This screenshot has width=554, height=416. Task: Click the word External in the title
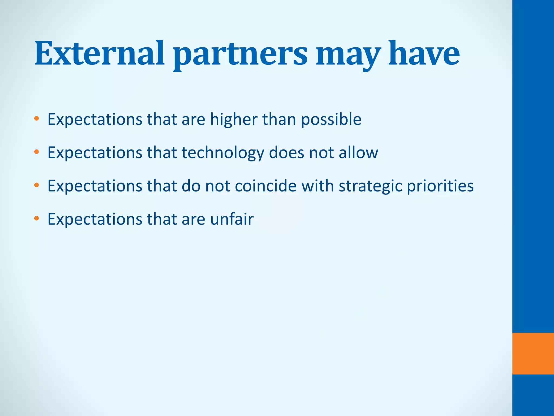(x=99, y=53)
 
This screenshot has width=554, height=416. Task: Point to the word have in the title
(x=424, y=53)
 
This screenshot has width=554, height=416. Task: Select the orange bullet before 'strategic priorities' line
(x=37, y=186)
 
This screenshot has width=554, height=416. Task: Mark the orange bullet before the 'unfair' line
(x=37, y=219)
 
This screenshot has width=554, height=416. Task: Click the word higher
(x=234, y=119)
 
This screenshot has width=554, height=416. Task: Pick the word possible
(x=331, y=119)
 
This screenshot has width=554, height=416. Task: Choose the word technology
(x=223, y=153)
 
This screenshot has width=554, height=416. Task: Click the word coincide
(x=266, y=186)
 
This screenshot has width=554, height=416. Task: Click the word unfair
(x=232, y=219)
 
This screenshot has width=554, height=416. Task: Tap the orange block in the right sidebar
(x=533, y=353)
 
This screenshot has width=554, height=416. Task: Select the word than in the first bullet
(x=279, y=119)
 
